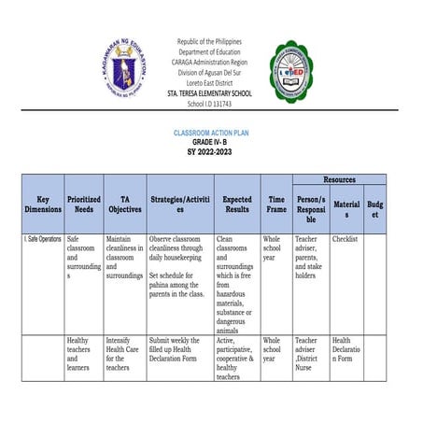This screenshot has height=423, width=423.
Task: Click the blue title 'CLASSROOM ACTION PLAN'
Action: tap(211, 133)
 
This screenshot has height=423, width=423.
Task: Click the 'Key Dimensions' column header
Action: tap(43, 204)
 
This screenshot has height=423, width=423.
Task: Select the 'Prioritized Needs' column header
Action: tap(85, 204)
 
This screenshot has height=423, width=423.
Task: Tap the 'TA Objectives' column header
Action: tap(124, 204)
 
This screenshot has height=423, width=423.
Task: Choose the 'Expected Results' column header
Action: tap(237, 204)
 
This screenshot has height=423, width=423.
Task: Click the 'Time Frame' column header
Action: tap(276, 204)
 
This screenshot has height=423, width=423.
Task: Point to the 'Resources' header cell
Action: tap(339, 178)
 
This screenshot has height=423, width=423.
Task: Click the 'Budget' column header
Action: tap(374, 209)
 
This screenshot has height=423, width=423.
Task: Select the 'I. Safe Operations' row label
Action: tap(43, 240)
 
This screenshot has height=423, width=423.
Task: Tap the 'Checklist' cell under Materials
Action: tap(345, 239)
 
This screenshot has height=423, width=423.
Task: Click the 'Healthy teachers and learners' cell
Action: tap(79, 355)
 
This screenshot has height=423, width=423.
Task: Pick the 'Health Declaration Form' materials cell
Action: tap(345, 354)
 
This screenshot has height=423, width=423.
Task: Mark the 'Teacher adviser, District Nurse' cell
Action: tap(308, 354)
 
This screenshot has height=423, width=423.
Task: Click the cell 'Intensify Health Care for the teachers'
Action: tap(121, 355)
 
